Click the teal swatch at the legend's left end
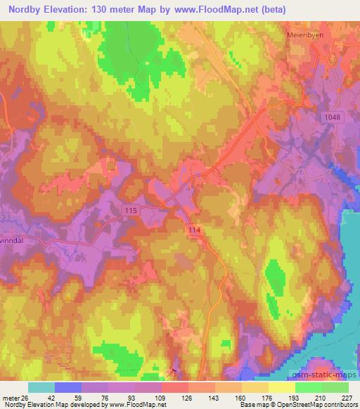(41, 387)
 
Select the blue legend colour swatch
(67, 387)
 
